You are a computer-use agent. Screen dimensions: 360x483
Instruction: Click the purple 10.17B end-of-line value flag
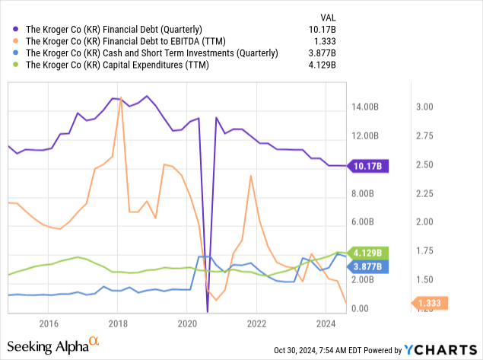(x=368, y=165)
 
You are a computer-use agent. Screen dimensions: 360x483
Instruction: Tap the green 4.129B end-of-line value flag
(x=368, y=252)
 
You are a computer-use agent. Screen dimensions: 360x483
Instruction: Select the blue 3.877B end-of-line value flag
(x=368, y=266)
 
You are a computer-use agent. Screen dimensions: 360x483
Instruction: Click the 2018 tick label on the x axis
(x=117, y=322)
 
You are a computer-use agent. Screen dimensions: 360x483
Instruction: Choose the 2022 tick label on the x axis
(x=256, y=322)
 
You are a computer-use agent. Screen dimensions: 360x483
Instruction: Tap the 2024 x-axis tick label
(x=326, y=322)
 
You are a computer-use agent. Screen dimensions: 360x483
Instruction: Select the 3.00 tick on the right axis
(x=424, y=107)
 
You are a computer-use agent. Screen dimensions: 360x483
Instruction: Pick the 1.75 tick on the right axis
(x=424, y=251)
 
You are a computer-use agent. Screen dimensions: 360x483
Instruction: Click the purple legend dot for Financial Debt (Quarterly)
(x=16, y=29)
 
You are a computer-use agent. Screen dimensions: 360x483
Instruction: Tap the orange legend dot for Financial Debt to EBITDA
(x=16, y=41)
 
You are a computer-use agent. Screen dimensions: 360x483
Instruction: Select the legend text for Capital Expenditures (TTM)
(x=117, y=65)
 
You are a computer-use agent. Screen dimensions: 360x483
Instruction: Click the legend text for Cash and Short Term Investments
(x=152, y=53)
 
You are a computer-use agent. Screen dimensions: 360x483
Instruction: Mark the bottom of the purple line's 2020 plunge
(x=208, y=311)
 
